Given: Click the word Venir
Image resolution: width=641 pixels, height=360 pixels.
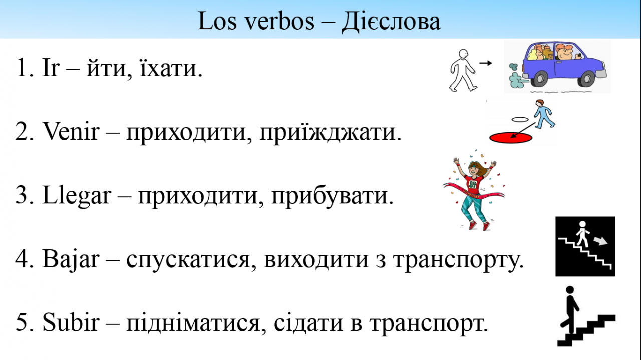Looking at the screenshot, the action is coord(71,131).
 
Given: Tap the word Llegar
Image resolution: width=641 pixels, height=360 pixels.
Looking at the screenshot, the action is coord(77,196).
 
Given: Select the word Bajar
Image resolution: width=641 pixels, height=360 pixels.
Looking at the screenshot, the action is coord(71,259).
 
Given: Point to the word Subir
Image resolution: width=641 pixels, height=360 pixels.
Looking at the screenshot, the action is coord(71,322).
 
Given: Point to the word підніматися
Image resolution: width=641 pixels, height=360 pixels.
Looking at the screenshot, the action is coord(193,323).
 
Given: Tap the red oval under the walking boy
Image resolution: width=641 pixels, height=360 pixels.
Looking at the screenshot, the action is coord(511,138).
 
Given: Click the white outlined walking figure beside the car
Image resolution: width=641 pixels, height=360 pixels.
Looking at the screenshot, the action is coord(462,70).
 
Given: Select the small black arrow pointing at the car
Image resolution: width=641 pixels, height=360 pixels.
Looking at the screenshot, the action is coord(486,63).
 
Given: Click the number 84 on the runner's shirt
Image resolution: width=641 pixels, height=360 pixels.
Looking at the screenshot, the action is coord(473,184).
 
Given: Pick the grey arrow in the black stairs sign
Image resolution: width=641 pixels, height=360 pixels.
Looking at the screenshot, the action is coord(600,241).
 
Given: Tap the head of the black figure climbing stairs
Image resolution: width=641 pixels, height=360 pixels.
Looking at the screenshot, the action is coord(570,290).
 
